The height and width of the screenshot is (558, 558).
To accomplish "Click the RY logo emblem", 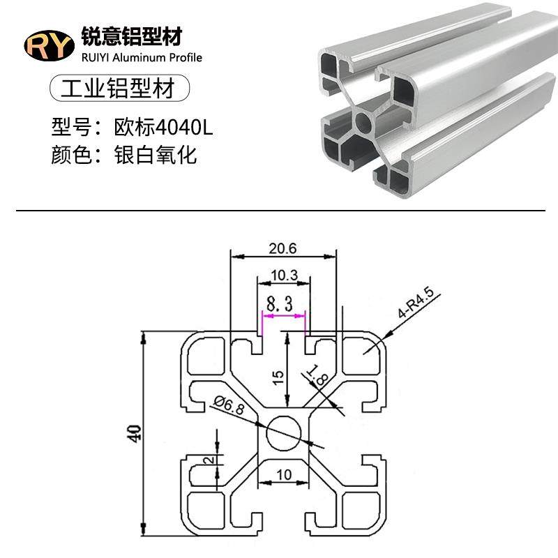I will (x=49, y=46).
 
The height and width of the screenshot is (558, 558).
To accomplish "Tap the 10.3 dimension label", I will (x=284, y=276).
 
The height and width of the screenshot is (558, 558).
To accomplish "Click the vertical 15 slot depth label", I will (x=278, y=377).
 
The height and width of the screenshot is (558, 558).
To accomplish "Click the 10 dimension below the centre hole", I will (x=284, y=476).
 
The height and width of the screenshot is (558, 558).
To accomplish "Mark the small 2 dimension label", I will (x=207, y=460).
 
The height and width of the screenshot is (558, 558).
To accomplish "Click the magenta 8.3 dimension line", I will (x=283, y=316).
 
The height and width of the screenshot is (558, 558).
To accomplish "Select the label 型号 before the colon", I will (x=71, y=127).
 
